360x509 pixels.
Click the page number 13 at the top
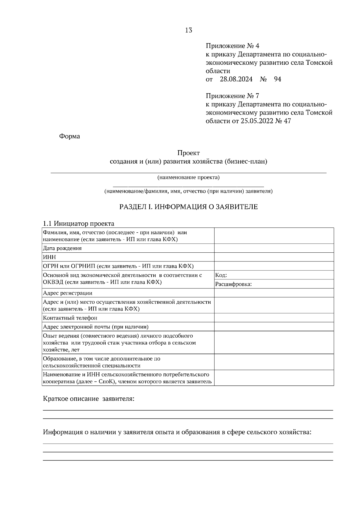pos(189,30)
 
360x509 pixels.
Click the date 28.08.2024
pos(236,79)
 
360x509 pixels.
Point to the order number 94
pos(277,79)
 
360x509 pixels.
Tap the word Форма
pos(69,136)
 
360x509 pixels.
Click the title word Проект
pos(188,153)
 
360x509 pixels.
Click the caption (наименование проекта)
pos(188,177)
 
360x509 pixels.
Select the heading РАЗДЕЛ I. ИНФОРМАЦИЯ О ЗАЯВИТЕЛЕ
pos(188,207)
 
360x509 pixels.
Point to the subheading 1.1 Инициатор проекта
pos(79,224)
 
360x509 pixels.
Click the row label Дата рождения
pos(62,248)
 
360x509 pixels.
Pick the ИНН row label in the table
pos(49,257)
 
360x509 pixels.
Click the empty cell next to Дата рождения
pos(274,248)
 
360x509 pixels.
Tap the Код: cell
pos(274,275)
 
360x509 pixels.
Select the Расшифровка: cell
pos(274,284)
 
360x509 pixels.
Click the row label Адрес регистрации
pos(67,293)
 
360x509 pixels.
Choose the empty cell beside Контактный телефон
pos(274,318)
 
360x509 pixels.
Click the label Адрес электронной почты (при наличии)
pos(96,327)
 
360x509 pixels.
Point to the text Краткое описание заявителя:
pos(89,399)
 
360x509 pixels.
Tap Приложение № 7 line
pos(232,96)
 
